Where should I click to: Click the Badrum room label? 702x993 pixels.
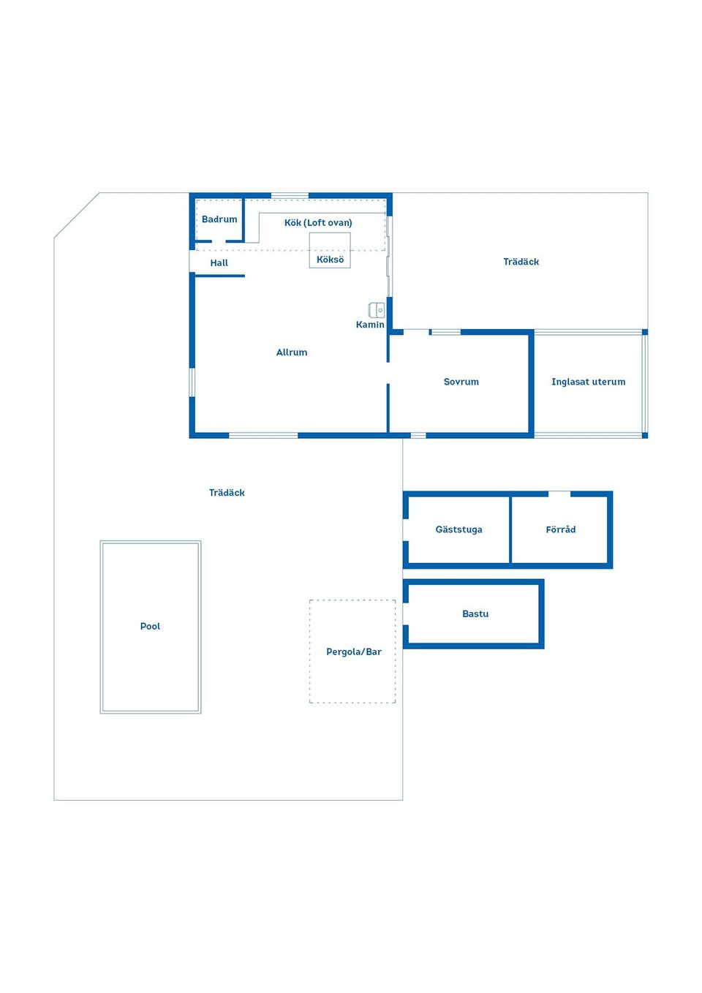tap(219, 219)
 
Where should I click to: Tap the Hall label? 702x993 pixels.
tap(219, 263)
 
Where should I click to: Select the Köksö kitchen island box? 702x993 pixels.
tap(330, 250)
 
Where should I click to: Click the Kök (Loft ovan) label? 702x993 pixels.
tap(318, 223)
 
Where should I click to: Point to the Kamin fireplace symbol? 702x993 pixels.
tap(377, 310)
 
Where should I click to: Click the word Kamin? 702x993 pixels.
tap(370, 325)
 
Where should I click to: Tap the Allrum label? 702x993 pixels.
tap(292, 352)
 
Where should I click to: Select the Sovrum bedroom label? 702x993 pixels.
tap(461, 382)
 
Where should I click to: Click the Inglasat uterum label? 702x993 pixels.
tap(588, 382)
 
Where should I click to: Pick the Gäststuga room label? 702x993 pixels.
tap(458, 529)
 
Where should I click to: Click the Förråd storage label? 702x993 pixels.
tap(561, 529)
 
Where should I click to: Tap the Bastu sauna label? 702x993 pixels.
tap(475, 614)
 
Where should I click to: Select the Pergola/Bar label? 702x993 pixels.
tap(354, 652)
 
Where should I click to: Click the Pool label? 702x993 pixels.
tap(150, 627)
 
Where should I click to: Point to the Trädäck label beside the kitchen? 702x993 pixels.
tap(521, 262)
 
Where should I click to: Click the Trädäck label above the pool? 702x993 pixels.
tap(227, 493)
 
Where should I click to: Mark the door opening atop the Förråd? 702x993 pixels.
tap(559, 494)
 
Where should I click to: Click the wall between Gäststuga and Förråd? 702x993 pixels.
tap(510, 529)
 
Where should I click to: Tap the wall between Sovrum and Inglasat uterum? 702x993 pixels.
tap(532, 383)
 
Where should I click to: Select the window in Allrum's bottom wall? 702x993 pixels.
tap(263, 436)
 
